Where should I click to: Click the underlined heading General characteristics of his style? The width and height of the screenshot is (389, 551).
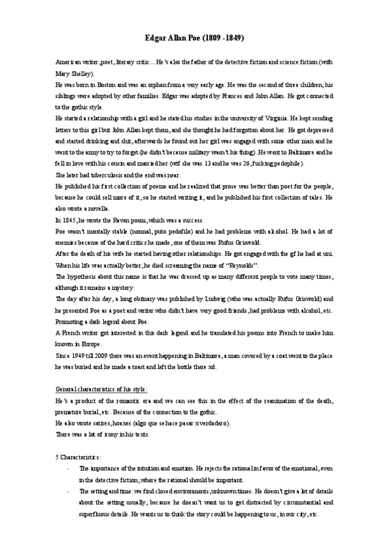(x=101, y=390)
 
